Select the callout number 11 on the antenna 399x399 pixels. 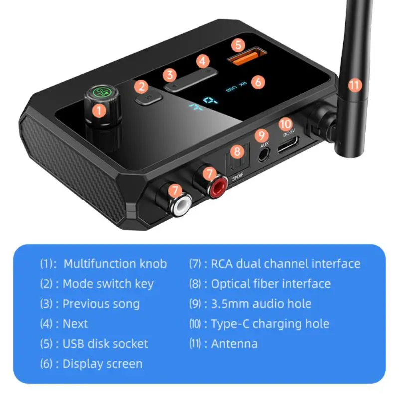354,85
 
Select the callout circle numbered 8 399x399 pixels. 238,151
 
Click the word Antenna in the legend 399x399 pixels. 234,344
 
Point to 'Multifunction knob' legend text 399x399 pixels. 115,264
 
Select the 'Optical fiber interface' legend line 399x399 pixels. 270,284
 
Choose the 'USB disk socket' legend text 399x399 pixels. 105,344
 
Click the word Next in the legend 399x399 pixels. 75,324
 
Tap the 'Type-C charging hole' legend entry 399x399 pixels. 270,324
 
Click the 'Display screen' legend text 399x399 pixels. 102,364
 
